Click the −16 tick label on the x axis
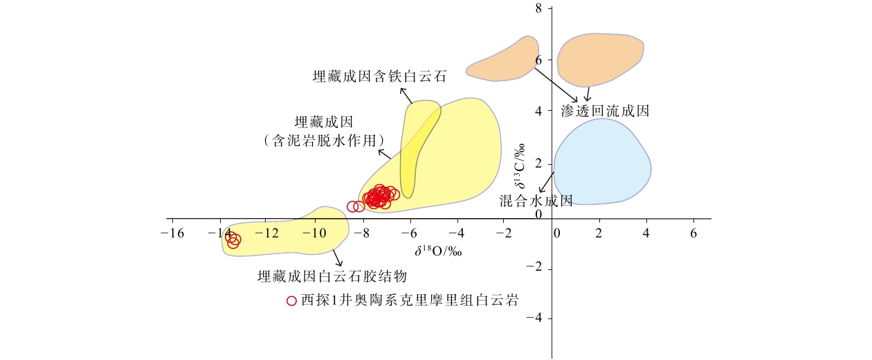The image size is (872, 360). click(172, 233)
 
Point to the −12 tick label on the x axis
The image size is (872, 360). click(268, 233)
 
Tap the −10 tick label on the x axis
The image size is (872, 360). click(314, 233)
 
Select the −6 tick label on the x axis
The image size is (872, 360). click(409, 233)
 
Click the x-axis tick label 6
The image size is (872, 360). click(693, 233)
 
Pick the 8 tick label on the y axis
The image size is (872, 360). click(538, 8)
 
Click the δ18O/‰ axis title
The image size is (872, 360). click(438, 251)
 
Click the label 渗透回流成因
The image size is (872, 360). click(606, 111)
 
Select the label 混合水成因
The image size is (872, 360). click(536, 201)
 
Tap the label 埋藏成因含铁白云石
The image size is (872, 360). click(379, 76)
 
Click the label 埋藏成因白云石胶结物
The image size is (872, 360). click(332, 276)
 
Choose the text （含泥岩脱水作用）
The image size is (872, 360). click(324, 141)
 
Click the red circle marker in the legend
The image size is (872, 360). click(291, 300)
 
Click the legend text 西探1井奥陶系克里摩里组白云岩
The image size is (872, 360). click(410, 300)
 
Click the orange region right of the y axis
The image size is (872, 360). click(599, 60)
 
